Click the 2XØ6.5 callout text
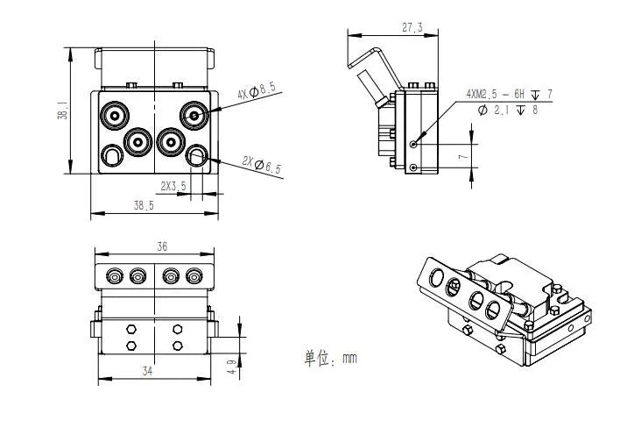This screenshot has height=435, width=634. (262, 164)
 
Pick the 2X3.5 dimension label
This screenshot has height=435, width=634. (173, 185)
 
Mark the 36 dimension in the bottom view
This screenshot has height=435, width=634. (162, 247)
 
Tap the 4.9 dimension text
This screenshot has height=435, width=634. (231, 366)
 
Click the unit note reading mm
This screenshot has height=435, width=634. (330, 358)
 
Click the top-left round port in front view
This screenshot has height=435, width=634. (113, 115)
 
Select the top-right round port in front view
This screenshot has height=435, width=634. (194, 115)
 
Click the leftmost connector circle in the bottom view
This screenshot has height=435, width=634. (115, 277)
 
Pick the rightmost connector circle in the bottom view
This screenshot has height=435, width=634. (193, 277)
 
